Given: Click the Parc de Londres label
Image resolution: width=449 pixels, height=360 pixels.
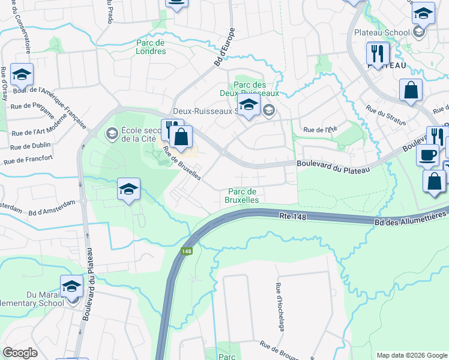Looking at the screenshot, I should coord(151,47).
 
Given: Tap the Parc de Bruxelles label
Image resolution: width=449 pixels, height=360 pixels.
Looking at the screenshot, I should coord(243,195).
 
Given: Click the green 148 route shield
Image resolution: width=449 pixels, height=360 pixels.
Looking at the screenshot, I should coord(187,251).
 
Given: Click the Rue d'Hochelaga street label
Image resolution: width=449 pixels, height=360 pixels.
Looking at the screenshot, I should coord(280,307).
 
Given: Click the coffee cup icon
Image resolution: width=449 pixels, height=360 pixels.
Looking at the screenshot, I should coord(428,154).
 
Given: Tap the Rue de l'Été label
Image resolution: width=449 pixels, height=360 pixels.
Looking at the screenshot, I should coord(318,130).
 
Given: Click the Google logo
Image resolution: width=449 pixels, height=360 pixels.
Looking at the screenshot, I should coord(20,353).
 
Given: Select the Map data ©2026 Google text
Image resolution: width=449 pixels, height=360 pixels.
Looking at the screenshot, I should coord(411,355).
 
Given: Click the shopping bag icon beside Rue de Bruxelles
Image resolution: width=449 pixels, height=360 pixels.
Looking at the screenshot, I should coord(181,137).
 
